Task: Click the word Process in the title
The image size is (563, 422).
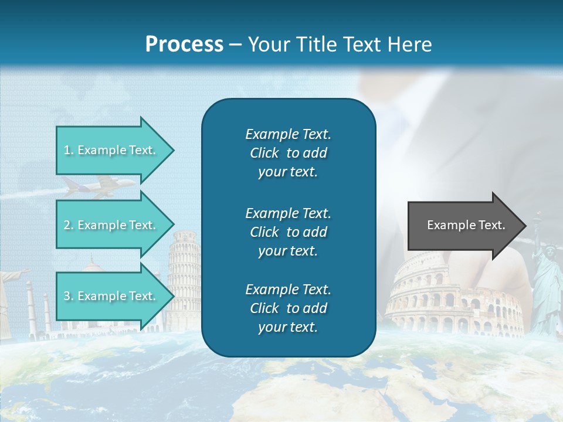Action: pos(184,45)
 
